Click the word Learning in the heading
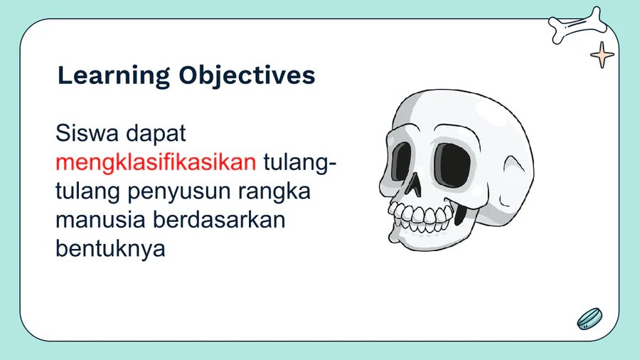click(x=114, y=76)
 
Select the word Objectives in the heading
click(x=247, y=76)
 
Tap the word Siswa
click(x=87, y=133)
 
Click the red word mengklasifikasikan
click(x=156, y=163)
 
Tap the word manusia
click(x=100, y=220)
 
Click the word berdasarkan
click(x=219, y=220)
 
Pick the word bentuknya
click(x=110, y=249)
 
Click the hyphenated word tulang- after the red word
click(x=300, y=163)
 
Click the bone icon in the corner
click(x=578, y=26)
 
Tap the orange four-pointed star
click(x=602, y=55)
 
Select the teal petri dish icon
click(x=590, y=319)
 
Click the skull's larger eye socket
click(x=452, y=165)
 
